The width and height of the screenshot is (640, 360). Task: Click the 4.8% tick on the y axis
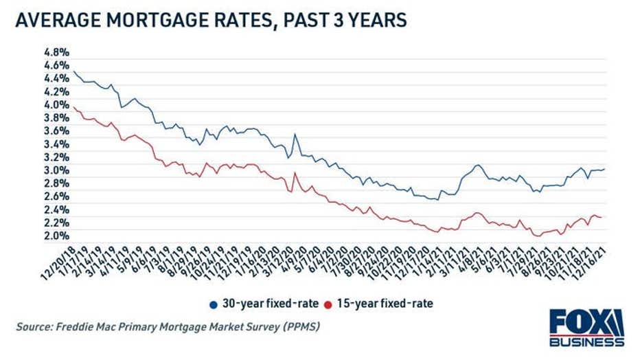(56, 52)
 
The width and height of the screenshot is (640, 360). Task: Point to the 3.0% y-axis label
(56, 170)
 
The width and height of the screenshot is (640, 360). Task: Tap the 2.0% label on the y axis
(56, 236)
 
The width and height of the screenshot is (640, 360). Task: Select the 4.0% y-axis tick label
(56, 105)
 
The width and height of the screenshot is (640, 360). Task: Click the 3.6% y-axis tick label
(56, 131)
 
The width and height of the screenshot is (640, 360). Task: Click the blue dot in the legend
(214, 303)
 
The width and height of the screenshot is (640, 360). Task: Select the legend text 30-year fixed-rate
(268, 303)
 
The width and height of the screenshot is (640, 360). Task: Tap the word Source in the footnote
(34, 327)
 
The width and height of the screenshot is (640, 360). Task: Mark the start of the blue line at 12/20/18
(73, 72)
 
